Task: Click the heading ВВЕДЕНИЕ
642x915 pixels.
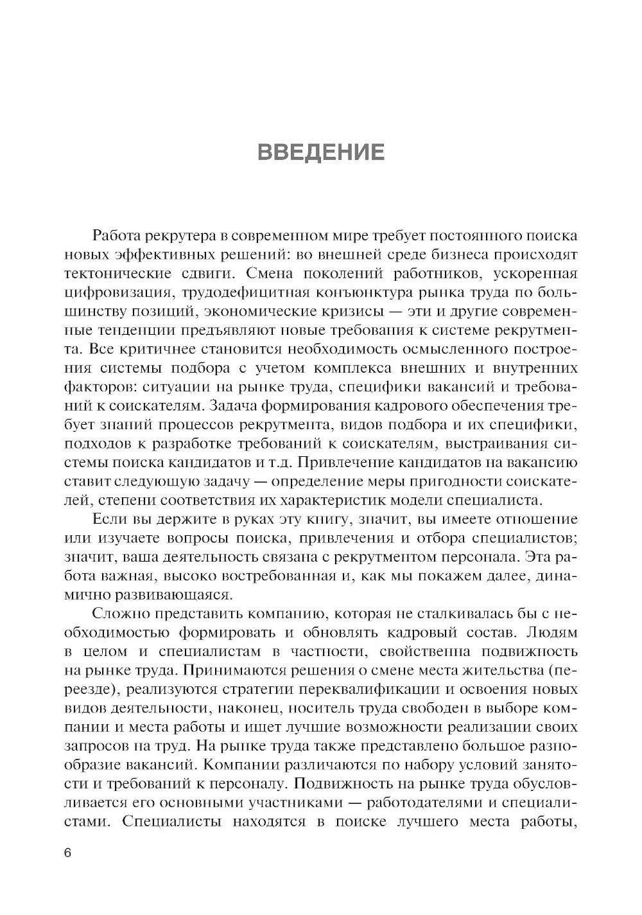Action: (321, 152)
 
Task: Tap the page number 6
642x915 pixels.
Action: (68, 853)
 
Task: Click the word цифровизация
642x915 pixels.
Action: (120, 293)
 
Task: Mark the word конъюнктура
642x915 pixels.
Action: (370, 293)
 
